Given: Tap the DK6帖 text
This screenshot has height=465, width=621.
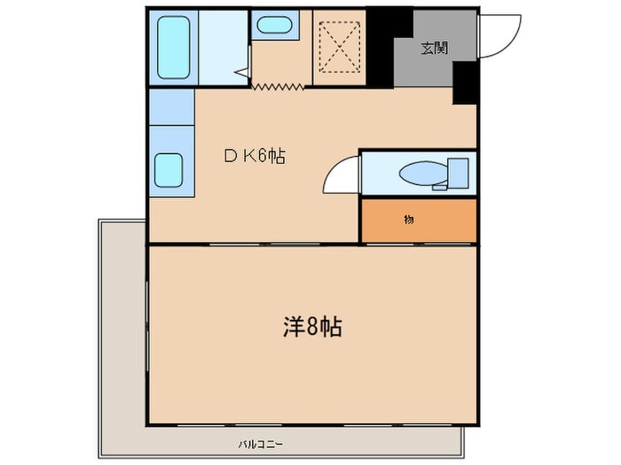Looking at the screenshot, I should point(253,157).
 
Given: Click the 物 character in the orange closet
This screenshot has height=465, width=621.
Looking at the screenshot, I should point(409,219).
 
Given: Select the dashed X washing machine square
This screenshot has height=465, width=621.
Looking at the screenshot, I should point(340,46).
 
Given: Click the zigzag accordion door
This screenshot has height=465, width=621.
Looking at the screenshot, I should point(277,85).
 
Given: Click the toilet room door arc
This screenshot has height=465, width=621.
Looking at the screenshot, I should point(342,174).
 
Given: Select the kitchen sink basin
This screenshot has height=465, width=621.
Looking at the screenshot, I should point(170,170).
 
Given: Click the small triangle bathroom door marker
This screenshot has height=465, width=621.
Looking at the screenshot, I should point(240,74).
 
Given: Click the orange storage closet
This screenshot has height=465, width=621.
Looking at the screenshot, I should point(417,220).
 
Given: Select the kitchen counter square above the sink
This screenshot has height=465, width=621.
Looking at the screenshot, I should point(171,106).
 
